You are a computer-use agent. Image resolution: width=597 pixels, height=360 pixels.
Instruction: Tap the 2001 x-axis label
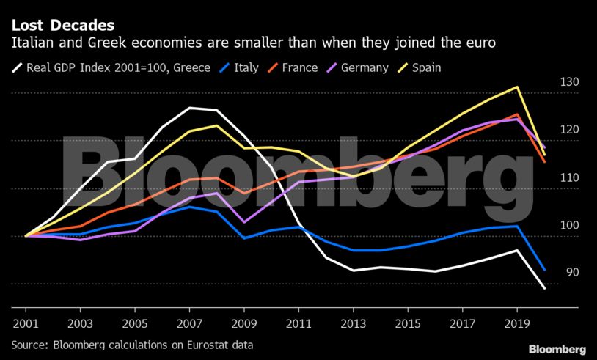pyautogui.click(x=26, y=323)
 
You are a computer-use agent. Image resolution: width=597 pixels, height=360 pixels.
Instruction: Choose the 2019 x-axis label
pyautogui.click(x=518, y=323)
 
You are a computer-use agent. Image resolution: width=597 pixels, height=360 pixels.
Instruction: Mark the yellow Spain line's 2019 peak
pyautogui.click(x=518, y=87)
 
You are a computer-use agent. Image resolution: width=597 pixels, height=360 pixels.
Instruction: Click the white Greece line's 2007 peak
pyautogui.click(x=190, y=108)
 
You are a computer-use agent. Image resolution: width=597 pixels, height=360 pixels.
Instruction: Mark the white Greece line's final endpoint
pyautogui.click(x=544, y=288)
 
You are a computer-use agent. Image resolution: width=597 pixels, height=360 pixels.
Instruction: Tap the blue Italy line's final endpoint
pyautogui.click(x=544, y=270)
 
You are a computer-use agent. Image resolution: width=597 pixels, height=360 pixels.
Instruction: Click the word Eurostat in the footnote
pyautogui.click(x=211, y=343)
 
